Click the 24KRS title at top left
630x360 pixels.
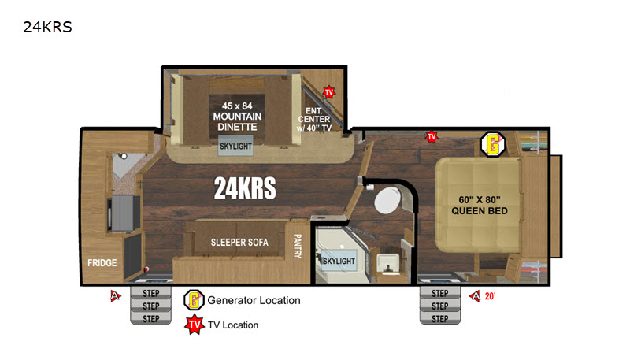pos(48,27)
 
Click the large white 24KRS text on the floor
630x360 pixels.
pos(245,188)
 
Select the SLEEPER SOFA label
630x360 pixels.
pos(239,243)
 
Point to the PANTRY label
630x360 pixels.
pos(298,246)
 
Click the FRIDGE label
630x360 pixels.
pos(102,263)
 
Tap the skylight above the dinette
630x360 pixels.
pos(235,146)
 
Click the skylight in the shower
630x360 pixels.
pos(339,261)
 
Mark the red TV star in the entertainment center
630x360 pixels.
pos(329,92)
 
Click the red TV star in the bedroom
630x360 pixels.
pos(432,136)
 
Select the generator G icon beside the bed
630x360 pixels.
pos(493,144)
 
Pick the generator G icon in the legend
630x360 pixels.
pos(194,300)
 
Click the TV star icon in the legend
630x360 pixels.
pos(195,325)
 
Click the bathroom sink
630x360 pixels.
pos(387,263)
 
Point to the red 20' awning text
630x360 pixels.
pos(490,296)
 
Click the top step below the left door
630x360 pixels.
pos(151,293)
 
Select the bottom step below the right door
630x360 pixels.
pos(440,318)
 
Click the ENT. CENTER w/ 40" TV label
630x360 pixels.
pos(314,119)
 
